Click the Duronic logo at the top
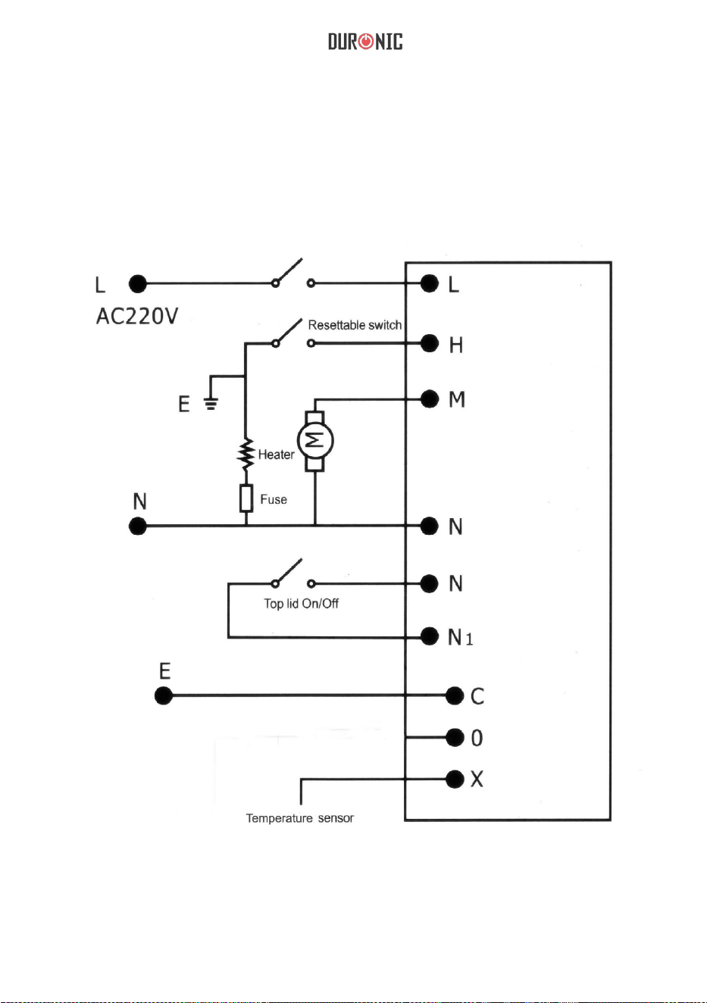coord(365,41)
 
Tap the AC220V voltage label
coord(137,316)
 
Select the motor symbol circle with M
coord(315,441)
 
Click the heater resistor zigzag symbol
coord(246,454)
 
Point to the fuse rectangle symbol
coord(246,498)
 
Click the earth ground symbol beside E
coord(211,404)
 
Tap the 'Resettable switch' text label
coord(355,325)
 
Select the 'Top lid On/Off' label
coord(301,604)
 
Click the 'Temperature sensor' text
coord(300,818)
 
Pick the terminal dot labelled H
coord(430,343)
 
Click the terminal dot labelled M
coord(430,398)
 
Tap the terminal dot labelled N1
coord(430,636)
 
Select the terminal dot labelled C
coord(455,695)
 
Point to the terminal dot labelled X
coord(455,779)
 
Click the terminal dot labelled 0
coord(455,737)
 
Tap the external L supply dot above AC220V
coord(138,284)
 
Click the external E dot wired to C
coord(164,696)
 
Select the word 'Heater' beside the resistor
coord(276,455)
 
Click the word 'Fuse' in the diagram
coord(274,499)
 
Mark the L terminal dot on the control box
coord(430,283)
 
